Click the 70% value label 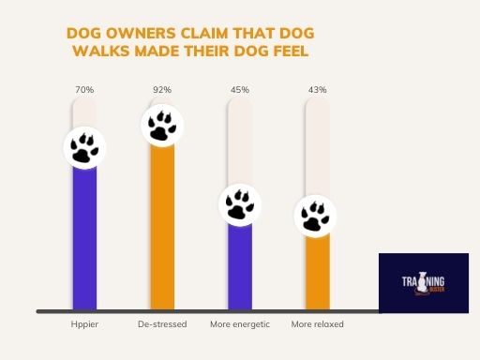(84, 90)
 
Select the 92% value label (162, 90)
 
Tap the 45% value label (239, 90)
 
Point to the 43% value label (317, 90)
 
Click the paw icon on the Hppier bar (84, 147)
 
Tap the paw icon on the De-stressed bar (162, 126)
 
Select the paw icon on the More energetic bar (239, 205)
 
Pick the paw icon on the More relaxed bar (317, 216)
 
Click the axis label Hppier (84, 324)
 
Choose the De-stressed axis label (162, 324)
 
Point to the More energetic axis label (239, 324)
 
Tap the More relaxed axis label (317, 324)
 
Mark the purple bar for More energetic (239, 267)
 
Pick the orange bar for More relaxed (317, 272)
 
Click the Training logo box (423, 281)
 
